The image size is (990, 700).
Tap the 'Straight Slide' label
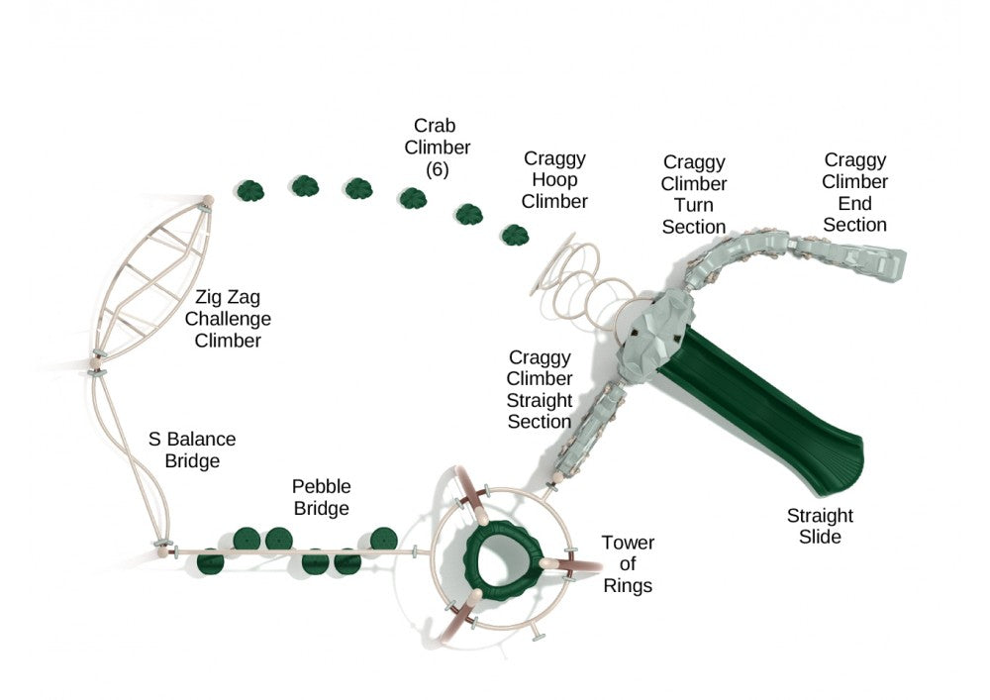[x=820, y=526]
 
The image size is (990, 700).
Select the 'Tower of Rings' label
[x=628, y=564]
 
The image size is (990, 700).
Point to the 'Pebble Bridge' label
[x=321, y=498]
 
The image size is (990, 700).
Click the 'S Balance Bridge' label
[x=192, y=450]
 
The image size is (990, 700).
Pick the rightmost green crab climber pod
[x=514, y=235]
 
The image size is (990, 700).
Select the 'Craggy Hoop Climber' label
[x=554, y=180]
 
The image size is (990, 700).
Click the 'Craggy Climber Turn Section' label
[x=694, y=194]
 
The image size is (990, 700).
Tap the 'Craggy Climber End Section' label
[x=855, y=192]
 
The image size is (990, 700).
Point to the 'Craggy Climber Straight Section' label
[x=540, y=389]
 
